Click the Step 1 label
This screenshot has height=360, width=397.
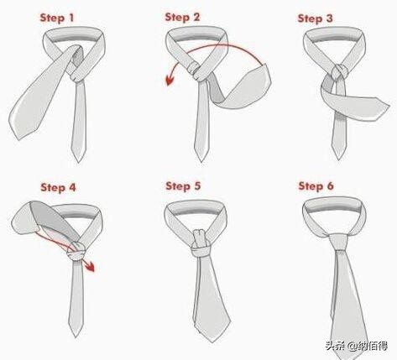click(x=57, y=18)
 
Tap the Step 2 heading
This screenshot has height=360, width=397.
click(x=182, y=18)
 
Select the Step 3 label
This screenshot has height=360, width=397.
click(x=315, y=18)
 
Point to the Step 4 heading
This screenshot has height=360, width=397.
click(x=58, y=187)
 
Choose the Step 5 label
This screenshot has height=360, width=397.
click(x=183, y=186)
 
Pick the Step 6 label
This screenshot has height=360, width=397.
click(x=316, y=186)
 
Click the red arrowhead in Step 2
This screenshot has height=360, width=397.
click(x=170, y=80)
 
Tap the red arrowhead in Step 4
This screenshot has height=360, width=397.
click(x=90, y=267)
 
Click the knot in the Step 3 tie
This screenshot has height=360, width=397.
click(x=340, y=72)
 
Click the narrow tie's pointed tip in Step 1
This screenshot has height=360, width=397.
click(x=78, y=162)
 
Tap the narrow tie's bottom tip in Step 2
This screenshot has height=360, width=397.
click(x=201, y=161)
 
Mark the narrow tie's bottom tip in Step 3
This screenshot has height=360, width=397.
click(x=339, y=159)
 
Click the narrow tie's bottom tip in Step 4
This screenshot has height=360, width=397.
click(x=76, y=337)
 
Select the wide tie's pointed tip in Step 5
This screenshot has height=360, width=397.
click(x=212, y=342)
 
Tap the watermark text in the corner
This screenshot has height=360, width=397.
click(x=357, y=346)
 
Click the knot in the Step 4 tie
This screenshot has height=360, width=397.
click(x=76, y=250)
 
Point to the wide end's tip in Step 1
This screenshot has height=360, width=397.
click(x=18, y=139)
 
